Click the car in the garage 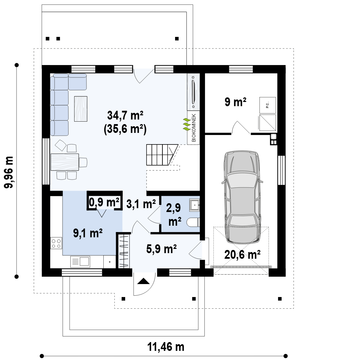click(242, 197)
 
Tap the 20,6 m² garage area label click(242, 255)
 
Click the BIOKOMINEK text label click(194, 128)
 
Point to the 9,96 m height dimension click(9, 172)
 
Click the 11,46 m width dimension click(166, 347)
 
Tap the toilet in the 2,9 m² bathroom click(193, 222)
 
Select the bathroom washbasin click(194, 205)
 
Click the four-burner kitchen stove click(56, 243)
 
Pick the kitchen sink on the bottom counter click(80, 262)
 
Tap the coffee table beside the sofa click(81, 109)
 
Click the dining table click(65, 162)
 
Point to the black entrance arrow click(143, 281)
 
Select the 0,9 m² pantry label click(104, 202)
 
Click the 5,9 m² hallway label click(161, 249)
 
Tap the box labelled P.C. click(268, 105)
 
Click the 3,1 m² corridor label click(141, 204)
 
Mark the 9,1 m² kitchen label click(88, 233)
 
